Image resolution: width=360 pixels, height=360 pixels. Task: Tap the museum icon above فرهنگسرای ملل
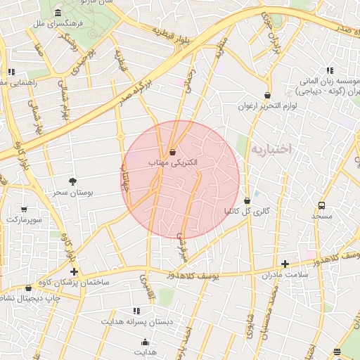(x=57, y=14)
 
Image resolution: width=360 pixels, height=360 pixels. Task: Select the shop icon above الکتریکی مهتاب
(x=173, y=152)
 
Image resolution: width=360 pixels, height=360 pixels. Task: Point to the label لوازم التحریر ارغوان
(x=267, y=106)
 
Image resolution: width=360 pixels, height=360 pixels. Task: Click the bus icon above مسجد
(x=321, y=206)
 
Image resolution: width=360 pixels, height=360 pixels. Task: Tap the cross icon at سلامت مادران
(x=285, y=264)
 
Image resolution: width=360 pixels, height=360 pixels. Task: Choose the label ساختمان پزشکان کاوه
(x=74, y=282)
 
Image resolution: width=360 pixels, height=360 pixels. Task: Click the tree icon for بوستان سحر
(x=72, y=181)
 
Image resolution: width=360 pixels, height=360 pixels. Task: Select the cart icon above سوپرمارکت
(x=24, y=209)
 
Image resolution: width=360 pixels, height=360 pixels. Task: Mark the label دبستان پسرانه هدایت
(x=136, y=321)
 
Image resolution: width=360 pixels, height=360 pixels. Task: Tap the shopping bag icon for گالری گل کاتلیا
(x=247, y=200)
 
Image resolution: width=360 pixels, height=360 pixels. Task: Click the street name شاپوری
(x=247, y=330)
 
